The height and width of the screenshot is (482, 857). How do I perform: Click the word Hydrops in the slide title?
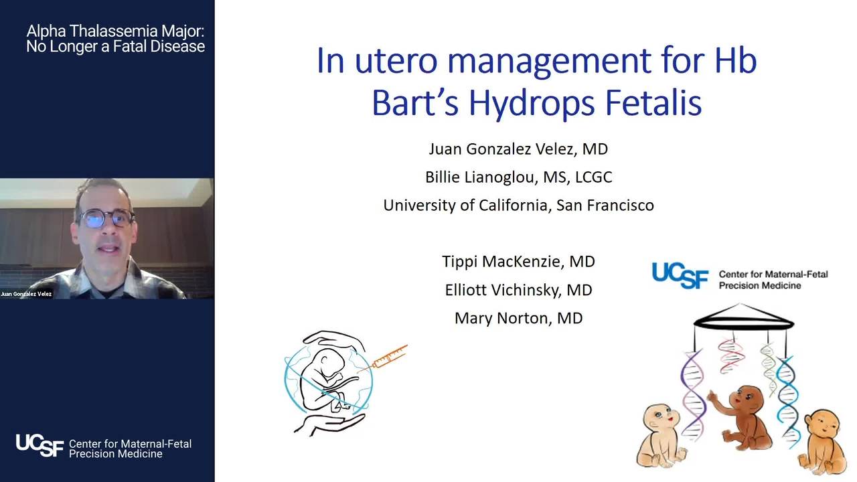point(532,103)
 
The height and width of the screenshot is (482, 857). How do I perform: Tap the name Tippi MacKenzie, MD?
point(518,262)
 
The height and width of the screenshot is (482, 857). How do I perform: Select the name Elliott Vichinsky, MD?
point(518,290)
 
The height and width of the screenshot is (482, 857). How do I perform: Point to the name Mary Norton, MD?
point(518,318)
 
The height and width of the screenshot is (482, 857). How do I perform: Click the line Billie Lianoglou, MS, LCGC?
point(518,177)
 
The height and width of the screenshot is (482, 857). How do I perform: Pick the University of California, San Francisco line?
point(518,206)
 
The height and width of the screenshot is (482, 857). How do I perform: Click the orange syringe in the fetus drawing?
point(384,358)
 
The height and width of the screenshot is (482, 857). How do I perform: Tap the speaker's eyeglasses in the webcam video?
point(106,219)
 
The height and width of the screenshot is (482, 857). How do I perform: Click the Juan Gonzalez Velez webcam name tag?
point(26,294)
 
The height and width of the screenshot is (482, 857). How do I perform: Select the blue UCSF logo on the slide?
point(680,275)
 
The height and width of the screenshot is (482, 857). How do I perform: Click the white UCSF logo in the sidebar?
point(40,445)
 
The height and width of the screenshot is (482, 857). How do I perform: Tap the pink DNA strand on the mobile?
point(731,356)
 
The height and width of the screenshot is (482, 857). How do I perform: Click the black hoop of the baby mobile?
point(744,324)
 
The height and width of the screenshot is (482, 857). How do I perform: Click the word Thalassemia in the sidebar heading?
point(114,31)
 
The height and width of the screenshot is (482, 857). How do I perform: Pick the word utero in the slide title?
point(396,61)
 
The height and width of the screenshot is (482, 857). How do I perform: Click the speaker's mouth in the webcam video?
point(109,249)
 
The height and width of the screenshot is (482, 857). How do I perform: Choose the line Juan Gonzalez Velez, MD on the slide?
point(518,149)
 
